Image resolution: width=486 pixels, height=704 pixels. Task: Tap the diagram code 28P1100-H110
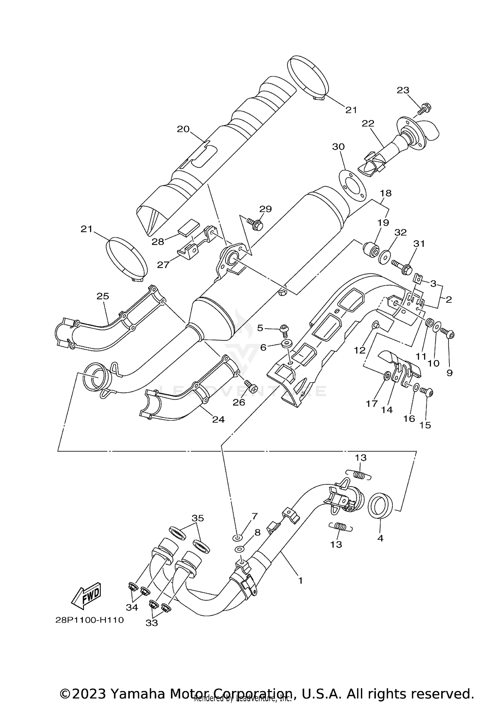coord(89,620)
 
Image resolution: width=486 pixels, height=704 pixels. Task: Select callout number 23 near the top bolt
coord(403,90)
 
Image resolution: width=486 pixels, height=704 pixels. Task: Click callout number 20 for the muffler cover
coord(183,129)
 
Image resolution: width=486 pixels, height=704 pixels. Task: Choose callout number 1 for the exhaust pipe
coord(300,581)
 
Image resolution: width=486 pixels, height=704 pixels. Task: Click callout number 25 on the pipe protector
coord(103,296)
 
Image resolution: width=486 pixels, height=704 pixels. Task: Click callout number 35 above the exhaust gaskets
coord(198,518)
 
